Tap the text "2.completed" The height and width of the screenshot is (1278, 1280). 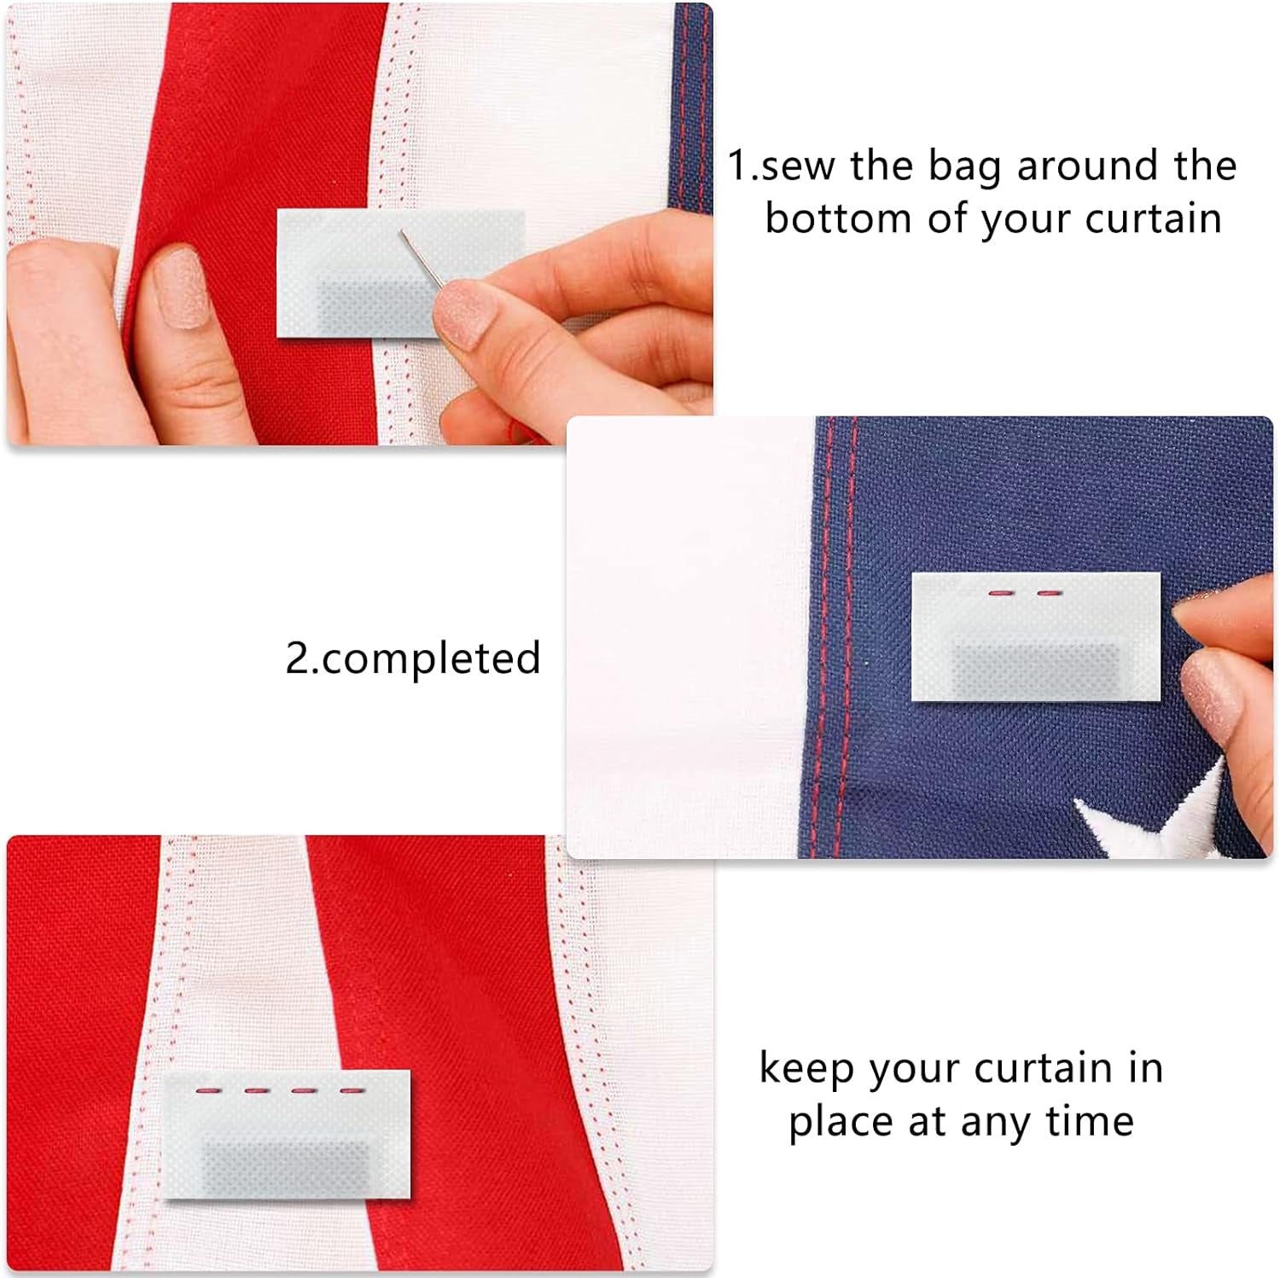click(413, 659)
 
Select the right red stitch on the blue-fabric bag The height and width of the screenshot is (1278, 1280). click(1049, 592)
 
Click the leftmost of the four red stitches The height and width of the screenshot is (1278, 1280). click(208, 1090)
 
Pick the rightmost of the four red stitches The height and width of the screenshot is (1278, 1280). click(352, 1090)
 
